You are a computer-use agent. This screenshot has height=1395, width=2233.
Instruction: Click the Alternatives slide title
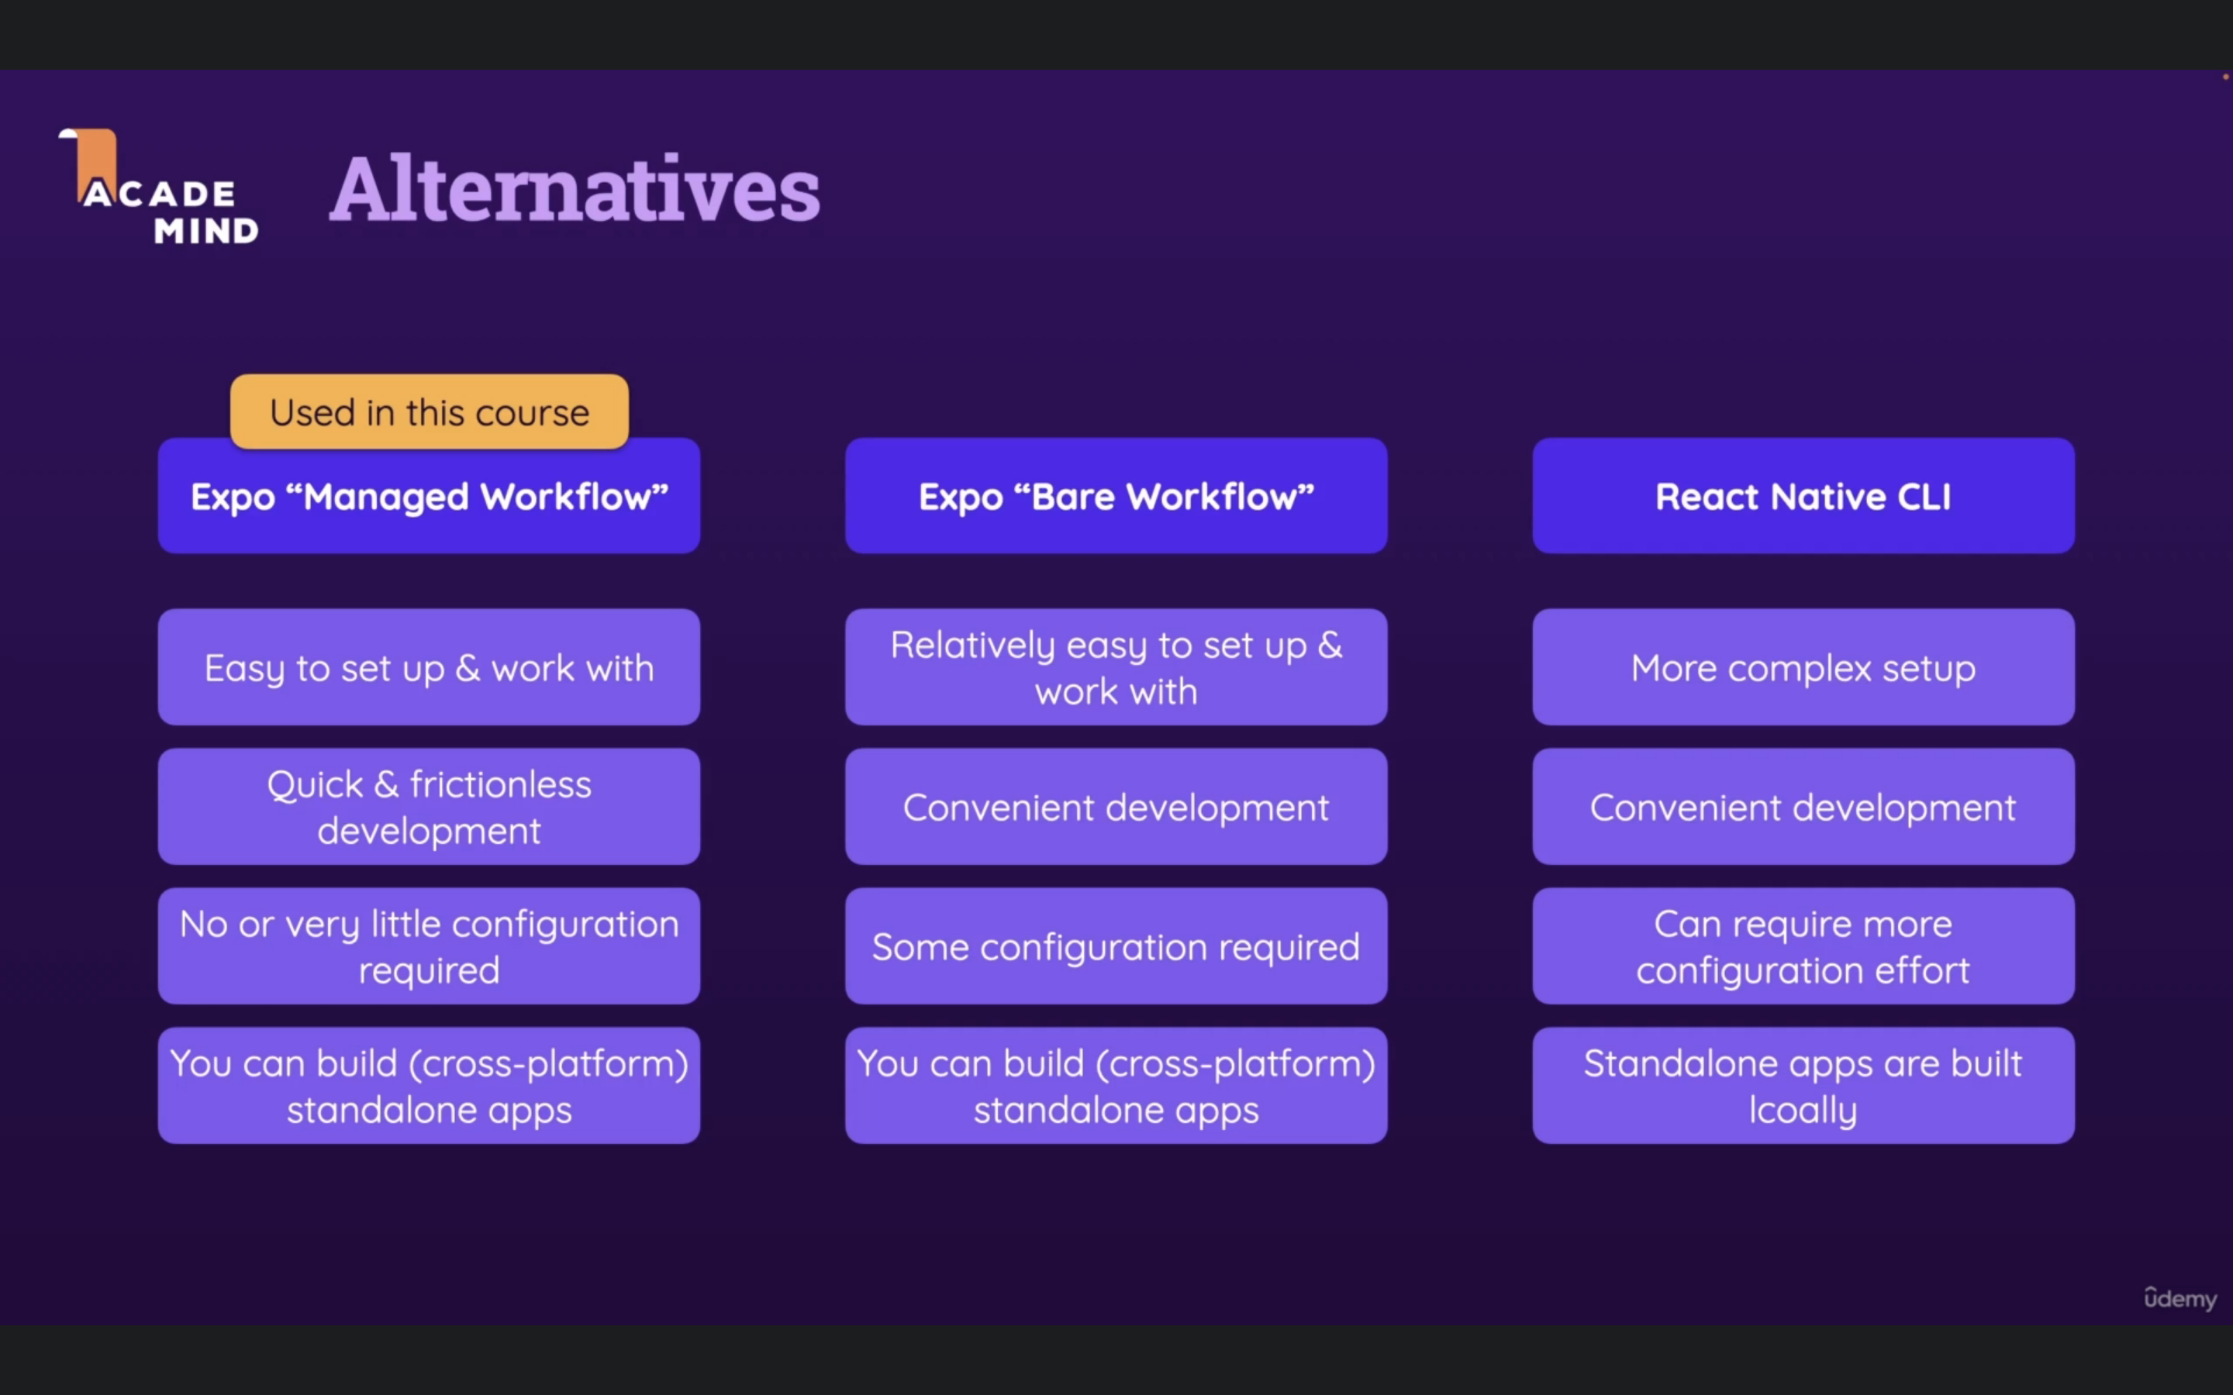(574, 189)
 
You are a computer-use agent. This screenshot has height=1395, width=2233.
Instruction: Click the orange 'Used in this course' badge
(429, 412)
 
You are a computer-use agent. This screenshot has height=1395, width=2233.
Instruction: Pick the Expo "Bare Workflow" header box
(1116, 496)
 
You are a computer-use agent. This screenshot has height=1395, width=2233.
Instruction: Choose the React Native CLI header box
(1803, 496)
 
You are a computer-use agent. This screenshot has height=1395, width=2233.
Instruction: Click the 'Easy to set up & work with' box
(429, 667)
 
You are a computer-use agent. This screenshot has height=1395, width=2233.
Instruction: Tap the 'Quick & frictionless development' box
(429, 806)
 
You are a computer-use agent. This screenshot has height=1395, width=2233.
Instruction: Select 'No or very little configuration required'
(429, 945)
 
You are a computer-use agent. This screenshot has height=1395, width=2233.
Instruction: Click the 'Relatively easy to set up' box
(1116, 667)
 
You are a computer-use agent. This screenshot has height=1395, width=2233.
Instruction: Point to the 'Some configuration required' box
(1116, 945)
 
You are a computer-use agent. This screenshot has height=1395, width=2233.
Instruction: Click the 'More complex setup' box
(1803, 667)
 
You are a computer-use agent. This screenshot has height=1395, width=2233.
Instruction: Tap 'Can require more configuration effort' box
(1803, 945)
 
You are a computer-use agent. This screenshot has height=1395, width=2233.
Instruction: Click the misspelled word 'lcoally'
(1803, 1110)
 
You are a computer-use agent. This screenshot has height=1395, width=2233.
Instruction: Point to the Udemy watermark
(2180, 1298)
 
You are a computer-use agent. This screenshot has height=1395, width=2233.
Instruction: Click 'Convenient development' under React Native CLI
(1803, 806)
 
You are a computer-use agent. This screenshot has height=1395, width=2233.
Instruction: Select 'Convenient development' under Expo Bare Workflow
(1116, 806)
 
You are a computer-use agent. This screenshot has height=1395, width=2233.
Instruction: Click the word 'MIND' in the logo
(205, 231)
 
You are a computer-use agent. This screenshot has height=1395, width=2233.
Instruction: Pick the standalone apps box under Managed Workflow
(429, 1085)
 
